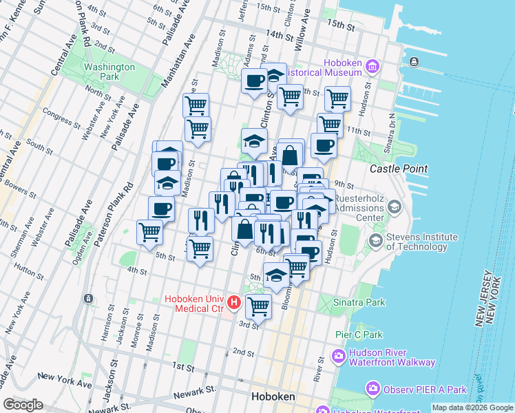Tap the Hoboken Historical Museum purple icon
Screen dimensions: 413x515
tap(372, 66)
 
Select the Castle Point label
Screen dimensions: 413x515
tap(399, 169)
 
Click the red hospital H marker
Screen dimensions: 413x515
tap(235, 301)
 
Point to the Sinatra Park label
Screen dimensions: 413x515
tap(361, 302)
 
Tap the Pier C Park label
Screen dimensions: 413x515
tap(359, 335)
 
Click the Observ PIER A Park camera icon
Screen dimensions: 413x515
tap(372, 390)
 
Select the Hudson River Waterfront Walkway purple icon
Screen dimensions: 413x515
tap(338, 356)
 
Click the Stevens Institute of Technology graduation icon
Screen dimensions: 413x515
tap(375, 241)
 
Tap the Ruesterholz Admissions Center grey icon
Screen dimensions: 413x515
tap(395, 206)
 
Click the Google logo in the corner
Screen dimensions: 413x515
tap(23, 405)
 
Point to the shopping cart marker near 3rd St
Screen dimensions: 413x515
tap(258, 306)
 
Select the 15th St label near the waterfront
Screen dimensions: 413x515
tap(340, 25)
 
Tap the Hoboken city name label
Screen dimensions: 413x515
tap(273, 397)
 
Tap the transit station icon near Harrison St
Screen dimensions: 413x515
tap(88, 299)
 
